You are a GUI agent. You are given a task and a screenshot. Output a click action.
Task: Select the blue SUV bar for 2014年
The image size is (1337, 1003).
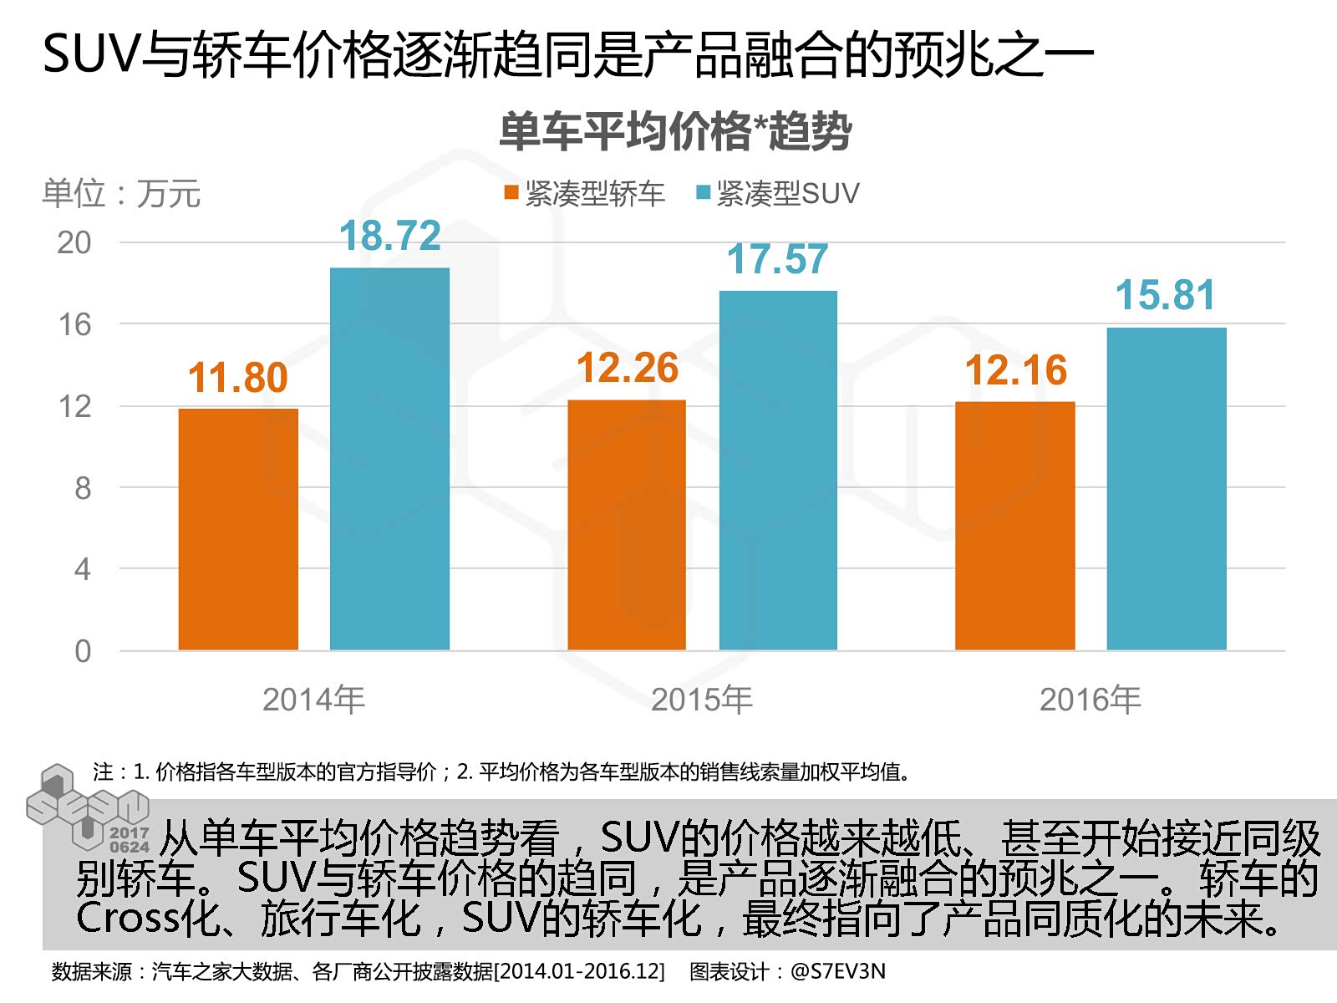point(389,459)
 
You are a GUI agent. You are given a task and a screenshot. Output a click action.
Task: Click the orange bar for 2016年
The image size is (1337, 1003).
point(1015,526)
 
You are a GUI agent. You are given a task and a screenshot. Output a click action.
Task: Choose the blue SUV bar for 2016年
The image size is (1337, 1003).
point(1167,489)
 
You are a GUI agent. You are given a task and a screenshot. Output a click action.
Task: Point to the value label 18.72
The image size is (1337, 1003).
point(390,236)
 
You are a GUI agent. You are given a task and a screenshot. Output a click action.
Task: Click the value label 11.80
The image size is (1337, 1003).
point(238,378)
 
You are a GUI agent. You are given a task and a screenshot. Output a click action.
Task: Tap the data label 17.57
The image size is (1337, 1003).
point(778,259)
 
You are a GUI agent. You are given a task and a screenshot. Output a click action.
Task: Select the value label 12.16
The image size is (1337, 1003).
point(1016,370)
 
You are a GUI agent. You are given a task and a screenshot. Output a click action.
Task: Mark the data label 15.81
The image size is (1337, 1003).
point(1166,295)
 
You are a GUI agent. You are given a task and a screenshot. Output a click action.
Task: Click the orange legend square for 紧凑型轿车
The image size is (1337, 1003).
point(511,193)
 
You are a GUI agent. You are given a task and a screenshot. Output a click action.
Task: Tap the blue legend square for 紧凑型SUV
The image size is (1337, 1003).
point(704,193)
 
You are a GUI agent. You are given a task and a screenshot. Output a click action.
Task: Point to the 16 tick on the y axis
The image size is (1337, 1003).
point(74,324)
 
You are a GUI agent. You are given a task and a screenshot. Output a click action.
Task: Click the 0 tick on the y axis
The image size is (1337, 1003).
point(82,651)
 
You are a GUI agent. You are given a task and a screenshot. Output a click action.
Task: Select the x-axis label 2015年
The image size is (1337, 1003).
point(702,700)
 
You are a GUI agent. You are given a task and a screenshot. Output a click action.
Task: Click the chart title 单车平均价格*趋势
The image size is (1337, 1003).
point(675,132)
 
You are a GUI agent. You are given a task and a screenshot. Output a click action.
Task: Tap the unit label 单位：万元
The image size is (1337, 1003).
point(122,194)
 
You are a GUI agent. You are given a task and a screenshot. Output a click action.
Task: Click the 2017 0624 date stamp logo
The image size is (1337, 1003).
point(129,839)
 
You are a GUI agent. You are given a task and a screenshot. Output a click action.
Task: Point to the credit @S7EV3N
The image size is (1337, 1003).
point(837,971)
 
